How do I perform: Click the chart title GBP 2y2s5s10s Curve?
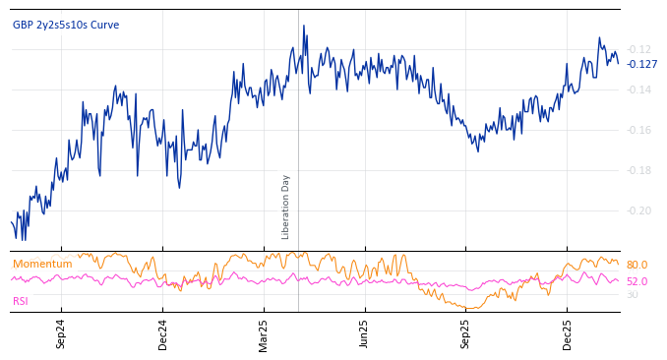pos(66,25)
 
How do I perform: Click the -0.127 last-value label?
pos(642,65)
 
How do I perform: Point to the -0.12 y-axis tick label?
pos(638,49)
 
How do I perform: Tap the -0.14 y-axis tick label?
pos(638,90)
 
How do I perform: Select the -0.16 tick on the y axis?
pos(638,130)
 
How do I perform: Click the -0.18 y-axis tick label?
pos(638,170)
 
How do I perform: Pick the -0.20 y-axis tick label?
pos(638,210)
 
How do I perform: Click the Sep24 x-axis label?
pos(61,333)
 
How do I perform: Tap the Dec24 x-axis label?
pos(163,333)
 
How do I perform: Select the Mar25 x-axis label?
pos(264,333)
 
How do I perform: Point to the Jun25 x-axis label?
pos(365,333)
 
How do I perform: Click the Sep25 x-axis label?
pos(466,333)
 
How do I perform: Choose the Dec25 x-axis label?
pos(568,333)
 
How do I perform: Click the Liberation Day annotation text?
pos(286,207)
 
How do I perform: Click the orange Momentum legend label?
pos(42,265)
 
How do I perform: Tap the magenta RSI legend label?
pos(21,301)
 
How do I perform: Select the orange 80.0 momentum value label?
pos(637,266)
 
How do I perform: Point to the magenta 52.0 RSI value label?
pos(637,281)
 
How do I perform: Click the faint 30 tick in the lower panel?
pos(633,294)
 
